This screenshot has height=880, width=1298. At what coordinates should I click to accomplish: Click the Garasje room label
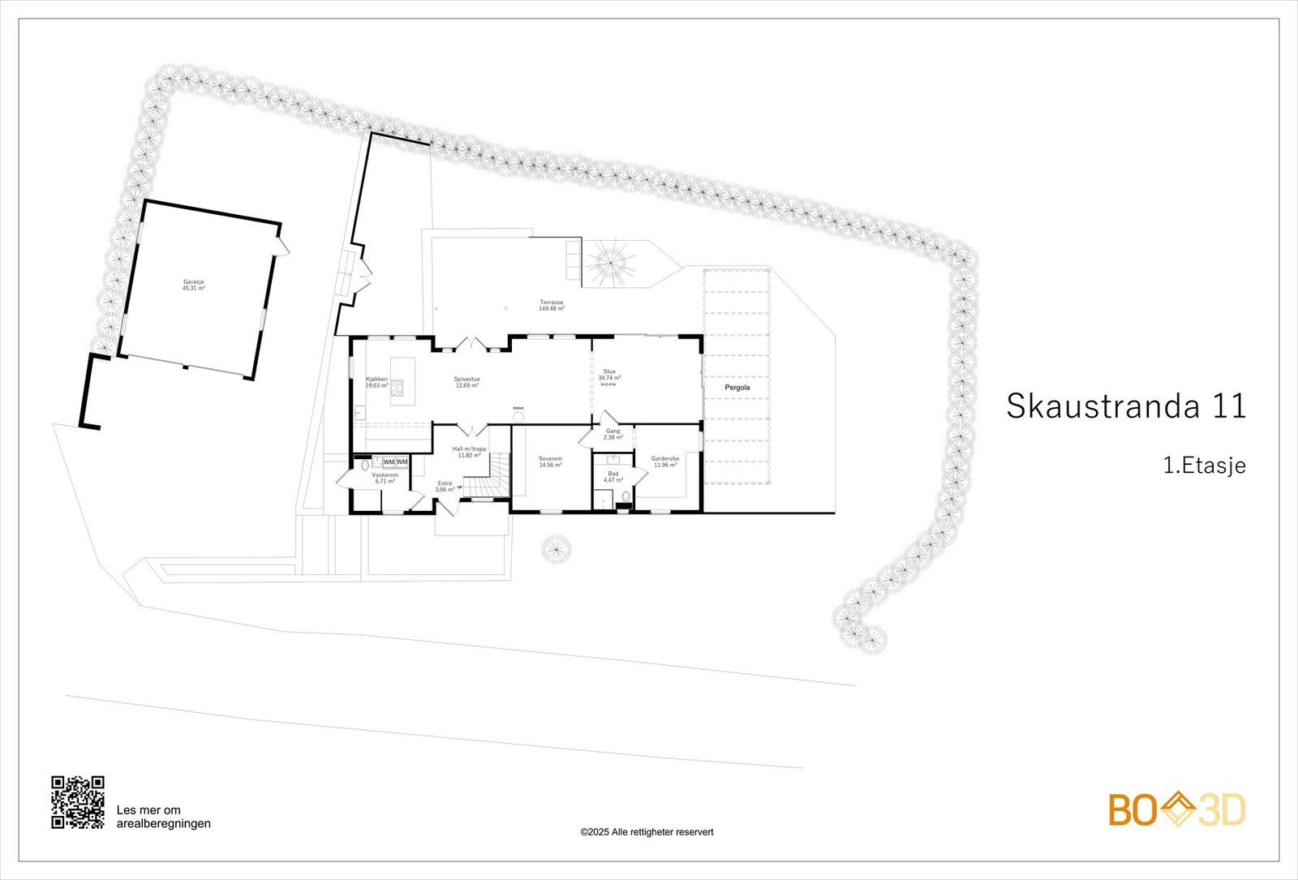click(x=194, y=285)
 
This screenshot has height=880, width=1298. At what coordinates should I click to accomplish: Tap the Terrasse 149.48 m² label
click(x=552, y=306)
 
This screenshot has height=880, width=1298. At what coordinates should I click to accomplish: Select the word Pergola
click(x=737, y=388)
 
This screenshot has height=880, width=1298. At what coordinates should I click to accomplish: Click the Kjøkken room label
click(x=377, y=383)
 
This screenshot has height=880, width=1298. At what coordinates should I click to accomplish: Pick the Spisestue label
click(x=466, y=382)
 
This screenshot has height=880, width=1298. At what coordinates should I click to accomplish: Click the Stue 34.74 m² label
click(x=609, y=376)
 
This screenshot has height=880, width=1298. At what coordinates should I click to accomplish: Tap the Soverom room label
click(x=550, y=462)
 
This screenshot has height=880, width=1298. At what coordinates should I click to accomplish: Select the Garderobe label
click(x=665, y=461)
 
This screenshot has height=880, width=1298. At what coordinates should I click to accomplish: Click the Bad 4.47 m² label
click(x=613, y=477)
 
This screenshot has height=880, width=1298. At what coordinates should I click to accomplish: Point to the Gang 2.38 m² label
click(x=613, y=434)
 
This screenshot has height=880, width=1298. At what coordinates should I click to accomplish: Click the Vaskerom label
click(x=385, y=478)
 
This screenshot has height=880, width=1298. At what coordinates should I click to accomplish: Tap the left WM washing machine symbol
click(x=389, y=461)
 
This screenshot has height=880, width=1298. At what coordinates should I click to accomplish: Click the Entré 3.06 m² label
click(x=445, y=487)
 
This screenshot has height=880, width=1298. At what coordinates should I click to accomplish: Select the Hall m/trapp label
click(x=470, y=452)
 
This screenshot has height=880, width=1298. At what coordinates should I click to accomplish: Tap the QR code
click(x=78, y=802)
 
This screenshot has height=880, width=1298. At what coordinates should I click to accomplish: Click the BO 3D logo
click(x=1177, y=809)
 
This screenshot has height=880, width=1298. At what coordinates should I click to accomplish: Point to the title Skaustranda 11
click(x=1126, y=406)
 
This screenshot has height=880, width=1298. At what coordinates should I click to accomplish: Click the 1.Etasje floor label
click(x=1204, y=466)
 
